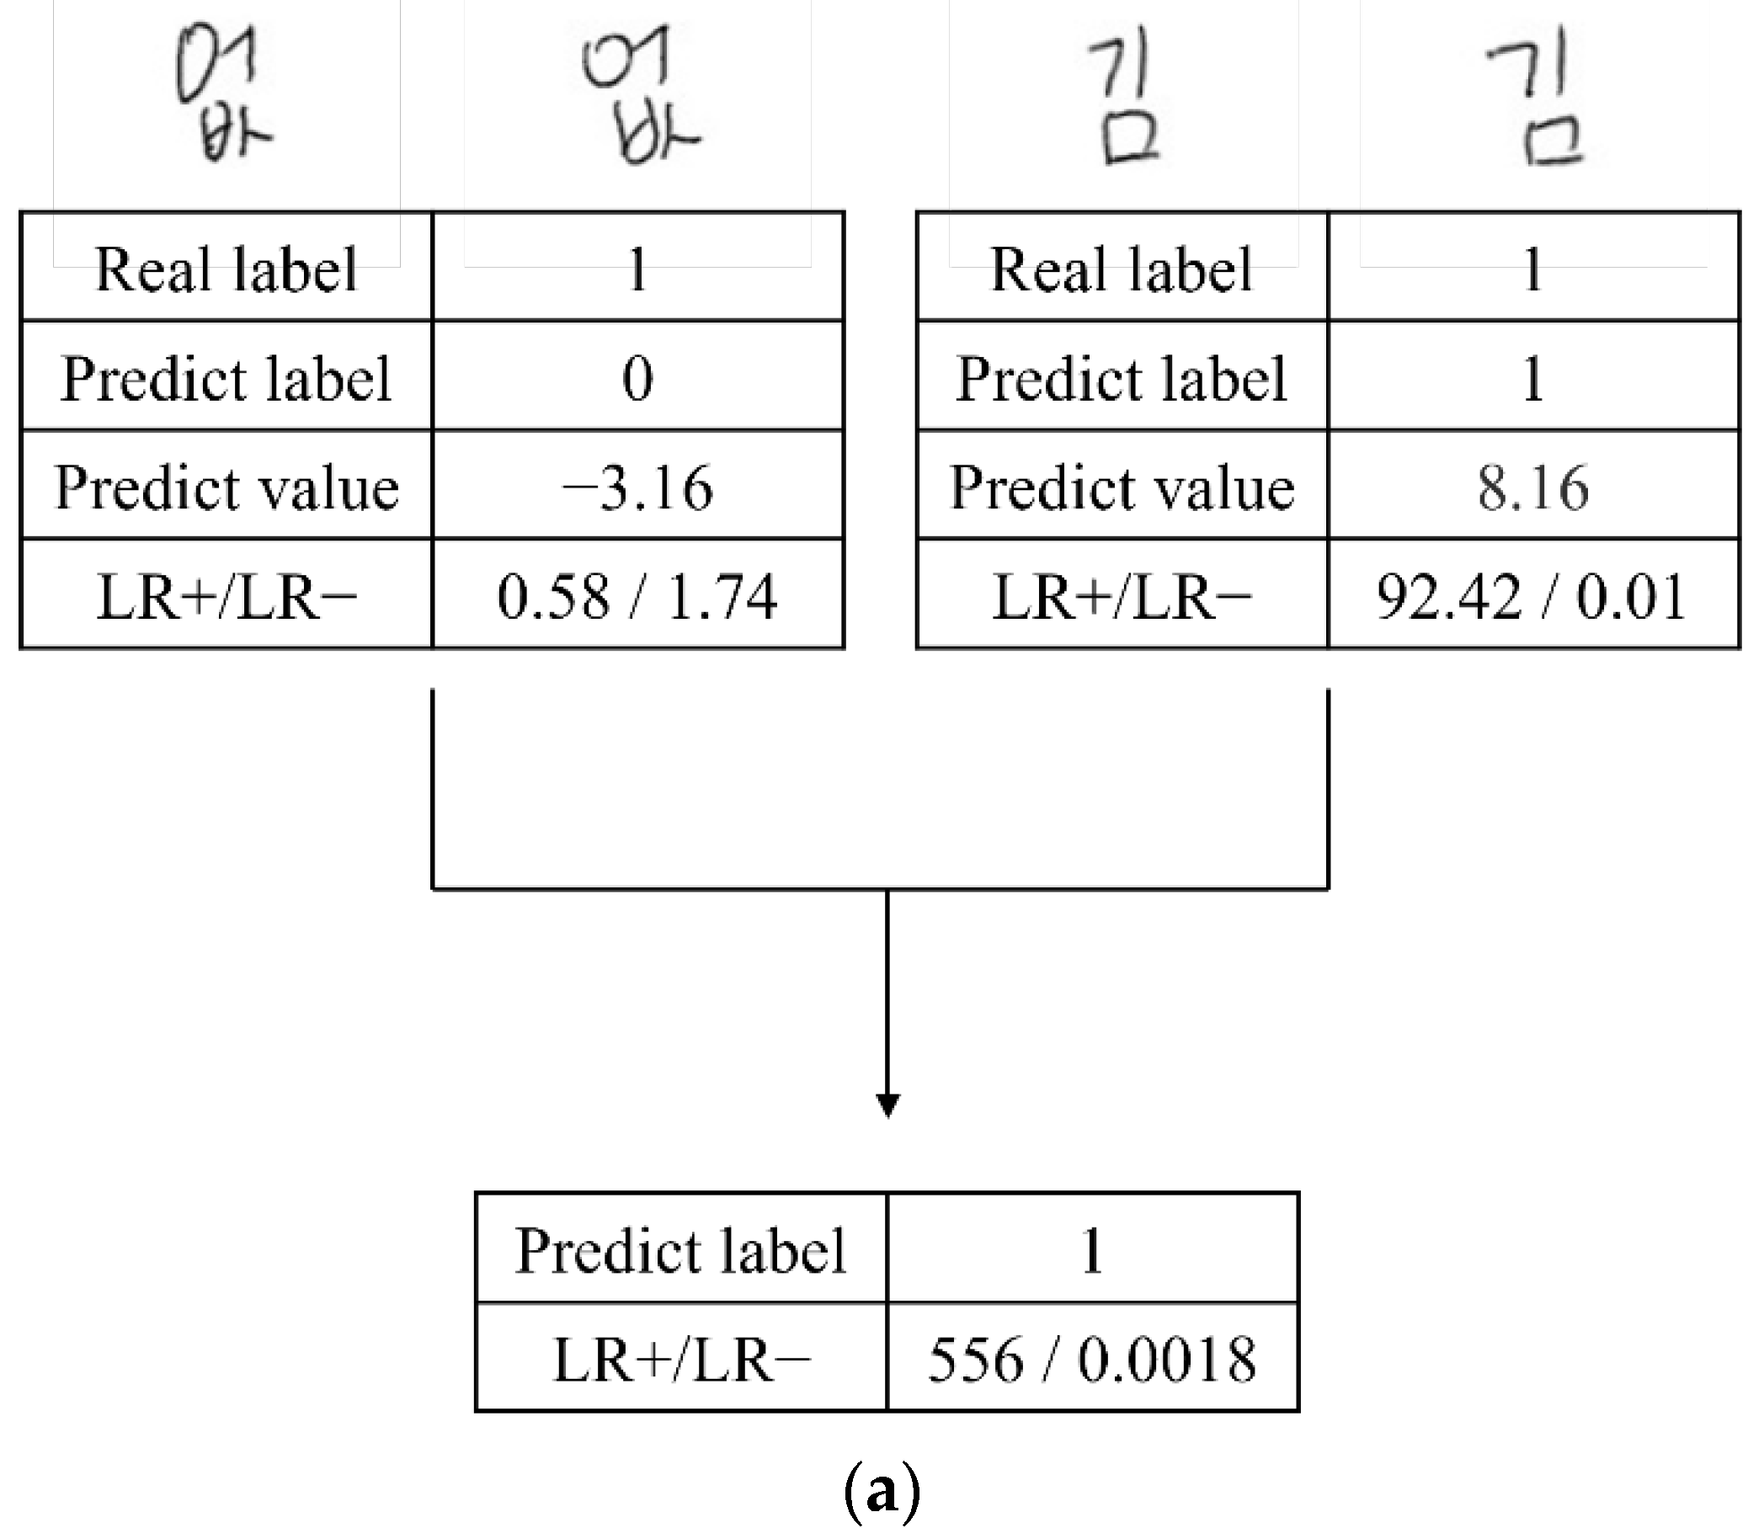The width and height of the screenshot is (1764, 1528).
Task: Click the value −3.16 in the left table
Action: point(637,487)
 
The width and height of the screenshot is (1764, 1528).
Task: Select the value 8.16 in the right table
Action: point(1533,487)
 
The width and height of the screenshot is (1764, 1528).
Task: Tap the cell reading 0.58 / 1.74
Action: point(637,596)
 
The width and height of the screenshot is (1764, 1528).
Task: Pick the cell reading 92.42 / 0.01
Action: point(1533,596)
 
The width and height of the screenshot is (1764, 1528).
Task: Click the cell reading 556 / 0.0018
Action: point(1092,1359)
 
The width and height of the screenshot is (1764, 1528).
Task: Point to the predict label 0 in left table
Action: point(637,379)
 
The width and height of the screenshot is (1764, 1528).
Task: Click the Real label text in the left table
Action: point(226,269)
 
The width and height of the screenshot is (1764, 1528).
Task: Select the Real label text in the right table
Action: point(1122,269)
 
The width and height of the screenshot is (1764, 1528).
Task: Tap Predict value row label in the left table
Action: point(226,487)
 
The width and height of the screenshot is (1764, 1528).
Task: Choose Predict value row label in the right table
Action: point(1122,487)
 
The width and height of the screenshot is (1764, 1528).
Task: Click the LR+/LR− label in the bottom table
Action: point(680,1359)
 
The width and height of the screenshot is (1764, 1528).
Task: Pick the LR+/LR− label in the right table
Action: point(1122,596)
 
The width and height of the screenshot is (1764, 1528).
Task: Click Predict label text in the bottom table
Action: point(680,1251)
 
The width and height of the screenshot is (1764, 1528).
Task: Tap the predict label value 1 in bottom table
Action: point(1092,1251)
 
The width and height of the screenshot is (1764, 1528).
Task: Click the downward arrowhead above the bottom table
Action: point(887,1105)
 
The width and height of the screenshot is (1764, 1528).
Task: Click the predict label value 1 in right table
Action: point(1533,379)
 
